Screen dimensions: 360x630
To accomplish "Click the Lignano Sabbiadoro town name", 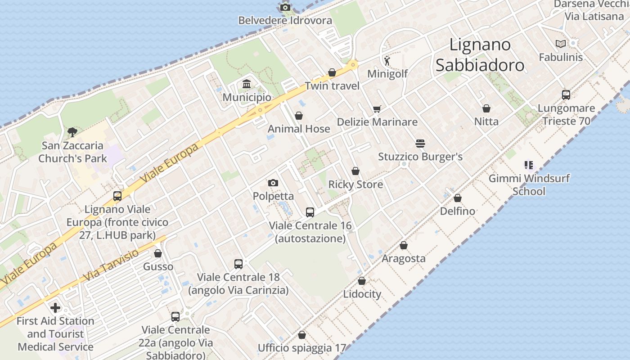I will [480, 55].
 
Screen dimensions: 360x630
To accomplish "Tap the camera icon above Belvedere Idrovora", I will [285, 7].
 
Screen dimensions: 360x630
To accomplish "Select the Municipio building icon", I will [247, 84].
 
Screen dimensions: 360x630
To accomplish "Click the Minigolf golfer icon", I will [387, 60].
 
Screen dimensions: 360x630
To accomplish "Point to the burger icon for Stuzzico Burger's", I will [420, 144].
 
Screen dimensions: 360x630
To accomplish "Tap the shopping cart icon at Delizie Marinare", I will [377, 109].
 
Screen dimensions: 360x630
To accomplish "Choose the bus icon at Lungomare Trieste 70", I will [566, 95].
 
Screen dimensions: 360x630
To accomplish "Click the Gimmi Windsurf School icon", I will [529, 165].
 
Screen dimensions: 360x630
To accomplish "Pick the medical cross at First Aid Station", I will [55, 308].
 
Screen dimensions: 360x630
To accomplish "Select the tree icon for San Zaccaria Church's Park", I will [72, 132].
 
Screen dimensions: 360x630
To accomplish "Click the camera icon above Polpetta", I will [273, 183].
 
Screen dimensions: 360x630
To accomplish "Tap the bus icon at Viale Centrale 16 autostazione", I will [310, 212].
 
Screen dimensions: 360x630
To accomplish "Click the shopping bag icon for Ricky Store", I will [355, 171].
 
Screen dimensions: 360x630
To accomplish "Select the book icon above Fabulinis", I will [560, 44].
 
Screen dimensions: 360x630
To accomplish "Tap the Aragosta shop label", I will [404, 258].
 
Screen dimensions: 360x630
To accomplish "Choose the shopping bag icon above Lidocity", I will [362, 281].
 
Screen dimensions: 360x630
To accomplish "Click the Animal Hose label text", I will [299, 129].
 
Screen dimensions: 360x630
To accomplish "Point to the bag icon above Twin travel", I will [332, 72].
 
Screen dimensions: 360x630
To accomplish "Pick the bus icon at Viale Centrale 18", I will [238, 264].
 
